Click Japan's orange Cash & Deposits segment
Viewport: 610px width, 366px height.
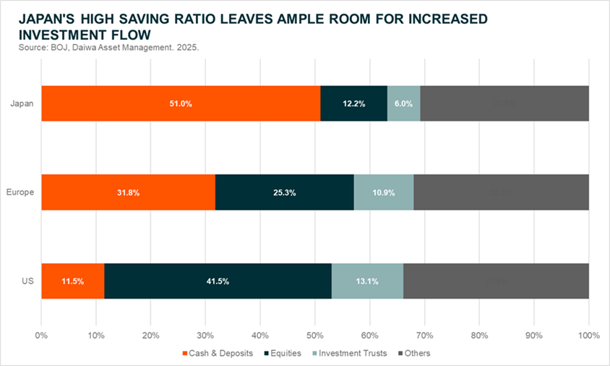pos(181,103)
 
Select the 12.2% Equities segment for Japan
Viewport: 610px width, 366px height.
pos(353,103)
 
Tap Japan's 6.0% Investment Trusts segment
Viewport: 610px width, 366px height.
pos(403,103)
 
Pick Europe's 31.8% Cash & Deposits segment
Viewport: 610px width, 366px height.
pos(128,192)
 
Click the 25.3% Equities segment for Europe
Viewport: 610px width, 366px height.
pos(284,192)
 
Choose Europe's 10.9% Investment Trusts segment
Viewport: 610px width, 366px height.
pos(383,192)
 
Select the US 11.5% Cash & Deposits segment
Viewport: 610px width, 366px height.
pos(72,281)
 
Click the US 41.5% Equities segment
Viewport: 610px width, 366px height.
pos(218,281)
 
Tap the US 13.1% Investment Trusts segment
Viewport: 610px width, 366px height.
pos(367,281)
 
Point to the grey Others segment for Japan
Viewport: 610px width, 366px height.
pos(504,103)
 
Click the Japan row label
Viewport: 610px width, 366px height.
pos(21,103)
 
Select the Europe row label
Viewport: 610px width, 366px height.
pos(20,192)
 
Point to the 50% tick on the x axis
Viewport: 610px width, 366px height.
pos(315,336)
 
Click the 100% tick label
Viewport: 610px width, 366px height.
pos(588,336)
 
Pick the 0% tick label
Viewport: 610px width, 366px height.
pos(41,336)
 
